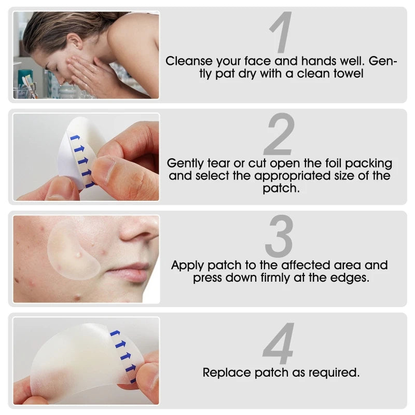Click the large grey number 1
point(281,33)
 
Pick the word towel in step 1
point(347,74)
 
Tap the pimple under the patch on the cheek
point(79,254)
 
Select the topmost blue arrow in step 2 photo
point(75,137)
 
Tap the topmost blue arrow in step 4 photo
point(115,333)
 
